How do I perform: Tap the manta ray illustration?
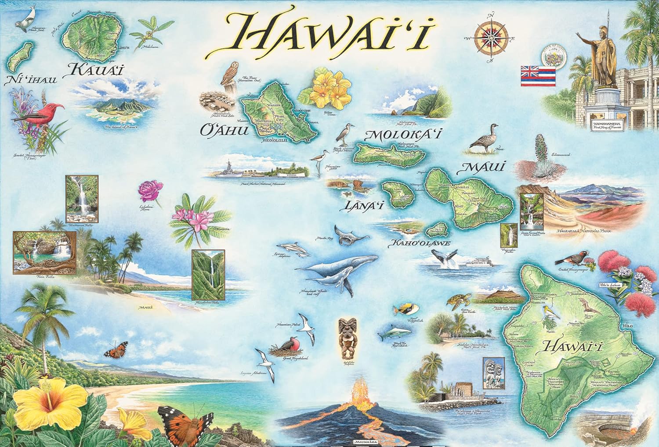point(350,234)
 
